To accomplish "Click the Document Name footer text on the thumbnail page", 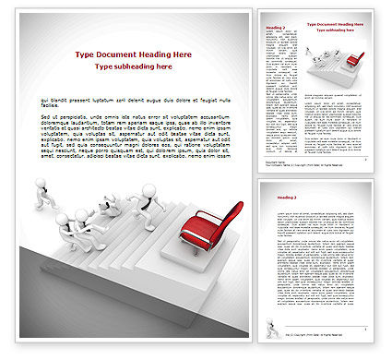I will [275, 162].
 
